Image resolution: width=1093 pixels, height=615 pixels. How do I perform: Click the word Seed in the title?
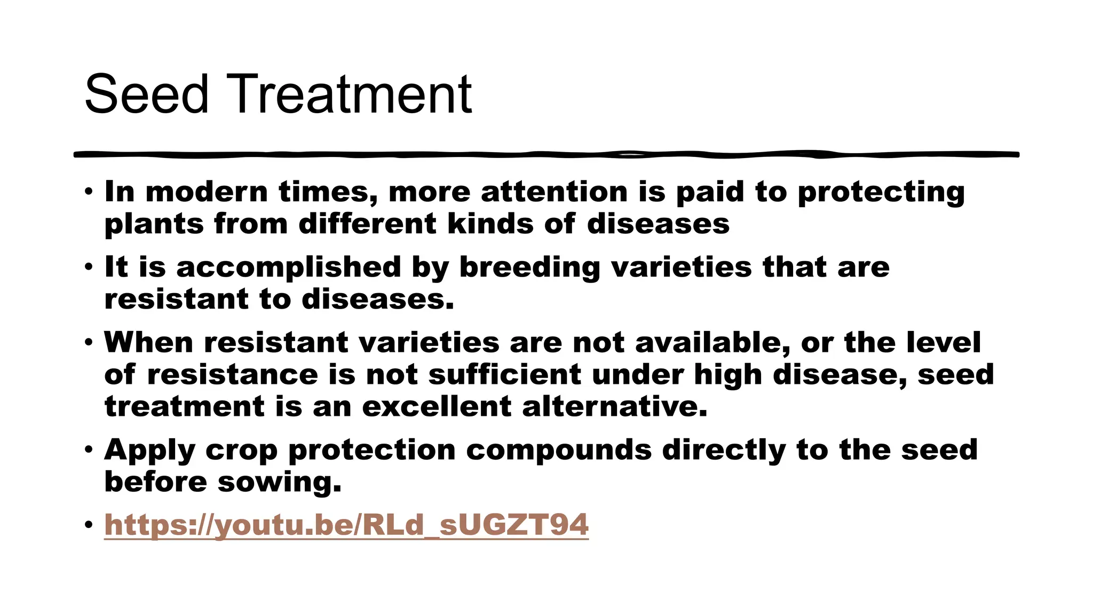146,94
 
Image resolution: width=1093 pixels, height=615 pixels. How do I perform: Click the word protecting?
881,193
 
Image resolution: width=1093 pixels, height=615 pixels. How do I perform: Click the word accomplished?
288,267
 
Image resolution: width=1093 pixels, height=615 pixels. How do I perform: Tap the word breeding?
529,267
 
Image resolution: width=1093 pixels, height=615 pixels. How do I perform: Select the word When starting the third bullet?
148,342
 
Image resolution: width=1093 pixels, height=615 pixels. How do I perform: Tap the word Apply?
150,451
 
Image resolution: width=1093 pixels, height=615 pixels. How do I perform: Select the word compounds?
559,451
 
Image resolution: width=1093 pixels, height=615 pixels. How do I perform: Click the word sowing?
279,483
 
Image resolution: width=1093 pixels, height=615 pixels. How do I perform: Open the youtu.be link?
346,525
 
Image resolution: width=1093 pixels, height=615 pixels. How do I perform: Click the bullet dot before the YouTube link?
88,525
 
